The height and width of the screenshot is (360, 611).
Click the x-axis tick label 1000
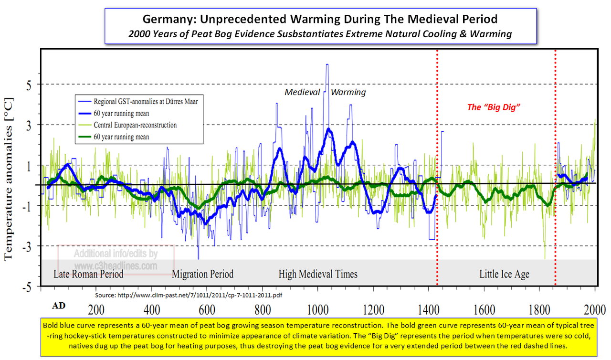coord(317,309)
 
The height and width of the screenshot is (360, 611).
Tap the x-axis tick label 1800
coord(539,309)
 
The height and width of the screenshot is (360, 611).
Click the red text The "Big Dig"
coord(493,107)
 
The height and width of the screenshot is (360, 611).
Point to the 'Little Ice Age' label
coord(504,274)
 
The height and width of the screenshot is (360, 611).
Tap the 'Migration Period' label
coord(202,274)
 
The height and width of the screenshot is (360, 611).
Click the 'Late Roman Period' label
coord(88,274)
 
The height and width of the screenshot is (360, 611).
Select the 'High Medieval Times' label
coord(318,274)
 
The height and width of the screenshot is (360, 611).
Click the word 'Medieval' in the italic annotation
coord(302,92)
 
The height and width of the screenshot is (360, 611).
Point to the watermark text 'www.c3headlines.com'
coord(116,266)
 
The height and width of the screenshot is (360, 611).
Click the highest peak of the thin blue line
coord(327,64)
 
